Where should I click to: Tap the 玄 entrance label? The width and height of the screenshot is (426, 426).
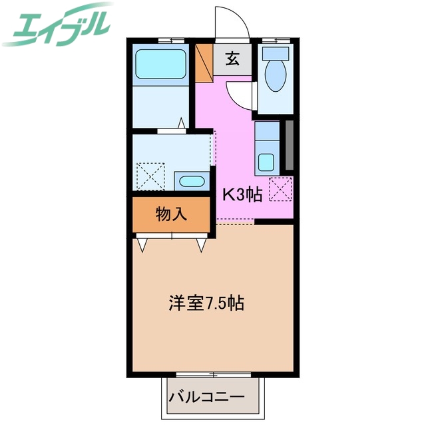[x=232, y=59]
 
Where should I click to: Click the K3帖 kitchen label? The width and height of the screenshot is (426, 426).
[x=242, y=195]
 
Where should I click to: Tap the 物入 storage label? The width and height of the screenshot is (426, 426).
[x=171, y=214]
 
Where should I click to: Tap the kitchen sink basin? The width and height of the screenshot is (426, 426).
[x=266, y=162]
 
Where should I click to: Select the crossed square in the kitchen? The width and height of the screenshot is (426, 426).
[x=280, y=190]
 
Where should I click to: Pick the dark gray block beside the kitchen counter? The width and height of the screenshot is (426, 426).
[x=290, y=144]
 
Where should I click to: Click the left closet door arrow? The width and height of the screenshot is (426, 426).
[x=142, y=245]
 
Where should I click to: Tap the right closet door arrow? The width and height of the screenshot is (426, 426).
[x=201, y=245]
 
